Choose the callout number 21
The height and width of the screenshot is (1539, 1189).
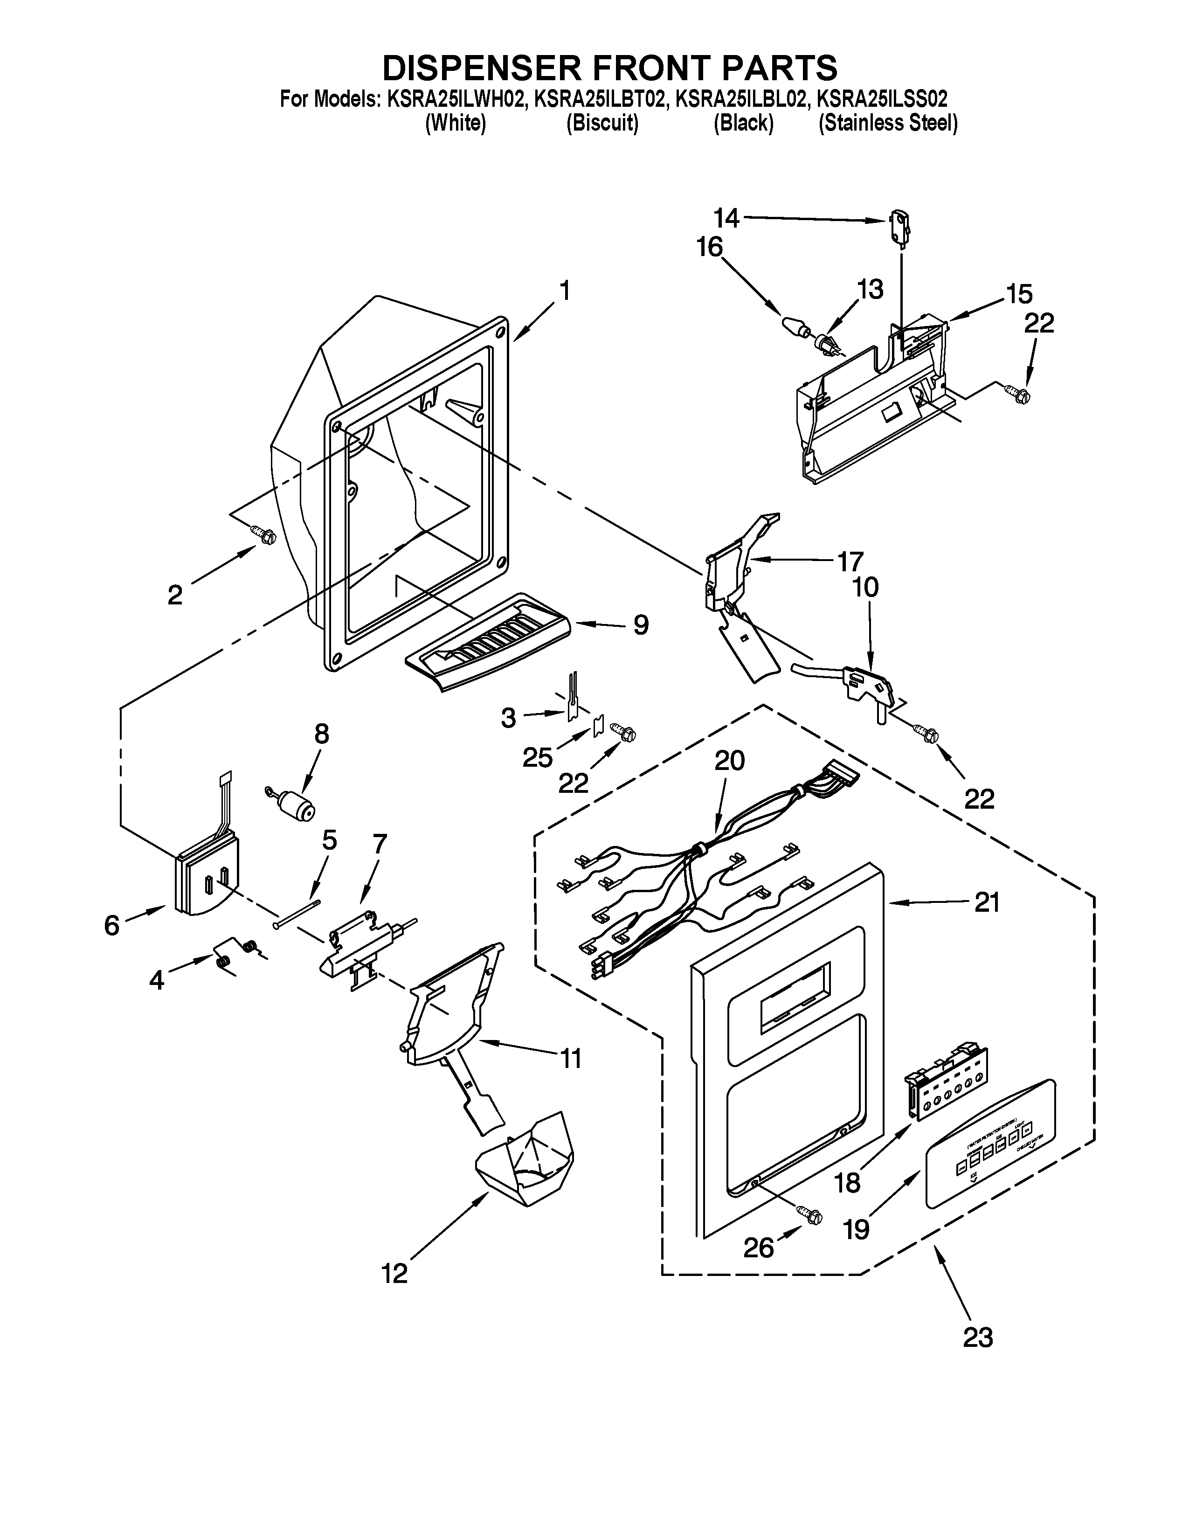[986, 903]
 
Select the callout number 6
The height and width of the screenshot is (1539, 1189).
[111, 925]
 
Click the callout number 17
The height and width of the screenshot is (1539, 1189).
[850, 562]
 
